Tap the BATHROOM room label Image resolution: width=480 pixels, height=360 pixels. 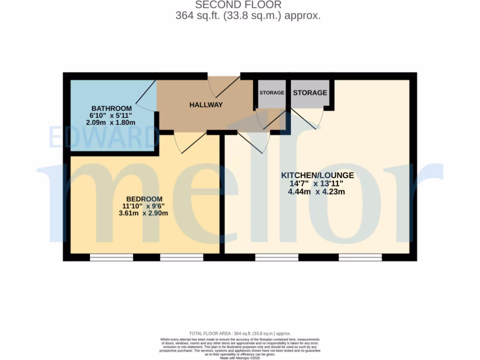pos(112,108)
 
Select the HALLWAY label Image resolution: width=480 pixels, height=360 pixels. pos(206,105)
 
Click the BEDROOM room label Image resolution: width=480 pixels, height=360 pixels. pos(144,199)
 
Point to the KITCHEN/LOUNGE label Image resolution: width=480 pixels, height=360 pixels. pos(317,175)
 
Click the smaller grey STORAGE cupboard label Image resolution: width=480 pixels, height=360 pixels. pos(272,93)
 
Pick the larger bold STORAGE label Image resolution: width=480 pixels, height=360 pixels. pos(310,93)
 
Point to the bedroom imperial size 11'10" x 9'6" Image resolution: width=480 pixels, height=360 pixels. pos(143,206)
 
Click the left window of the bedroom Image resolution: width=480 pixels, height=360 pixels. pos(111,257)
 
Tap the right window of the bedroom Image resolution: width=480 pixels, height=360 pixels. pos(181,257)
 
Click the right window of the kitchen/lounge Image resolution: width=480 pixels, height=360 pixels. pos(360,257)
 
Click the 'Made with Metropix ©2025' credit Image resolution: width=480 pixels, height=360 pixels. pos(240,358)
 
